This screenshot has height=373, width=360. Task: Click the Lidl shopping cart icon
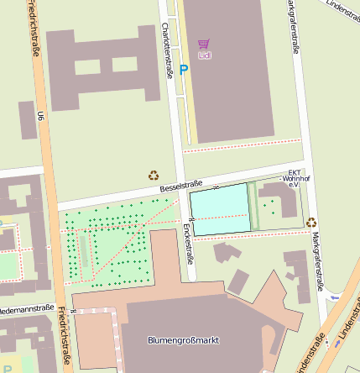204,44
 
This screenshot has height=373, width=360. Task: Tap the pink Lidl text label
205,55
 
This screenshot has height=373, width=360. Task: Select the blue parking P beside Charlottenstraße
183,71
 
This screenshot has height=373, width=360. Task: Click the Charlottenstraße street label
167,50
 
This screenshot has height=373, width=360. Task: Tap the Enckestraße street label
189,244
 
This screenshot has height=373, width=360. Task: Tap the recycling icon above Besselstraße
154,176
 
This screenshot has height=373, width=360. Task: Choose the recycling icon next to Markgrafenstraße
311,223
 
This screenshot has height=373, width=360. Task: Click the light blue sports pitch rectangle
220,208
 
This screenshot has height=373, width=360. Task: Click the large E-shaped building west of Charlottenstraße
101,67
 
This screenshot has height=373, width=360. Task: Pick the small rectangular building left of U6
29,120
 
